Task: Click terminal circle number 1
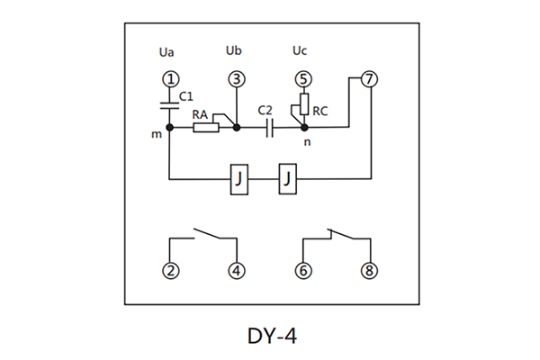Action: tap(169, 80)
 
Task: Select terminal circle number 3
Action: tap(237, 80)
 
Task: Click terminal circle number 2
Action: tap(169, 269)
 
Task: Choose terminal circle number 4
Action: tap(237, 269)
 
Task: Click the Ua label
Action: tap(166, 53)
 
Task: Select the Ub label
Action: tap(233, 49)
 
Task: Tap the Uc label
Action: tap(301, 49)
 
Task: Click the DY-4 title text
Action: tap(270, 337)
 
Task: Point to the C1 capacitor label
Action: tap(186, 95)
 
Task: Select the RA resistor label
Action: tap(200, 113)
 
